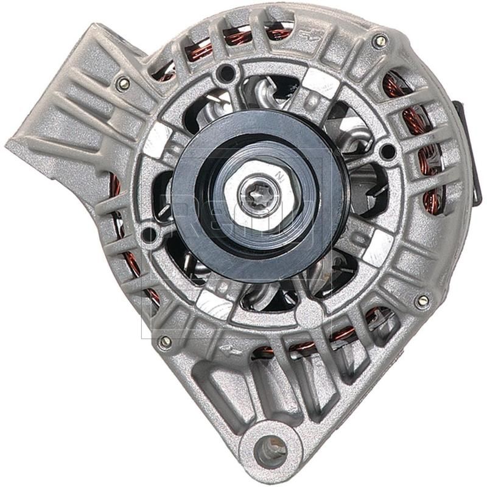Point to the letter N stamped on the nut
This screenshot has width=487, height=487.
point(280,177)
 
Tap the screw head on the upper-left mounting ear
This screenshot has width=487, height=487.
point(124,83)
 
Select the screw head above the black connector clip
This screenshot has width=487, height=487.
point(380,41)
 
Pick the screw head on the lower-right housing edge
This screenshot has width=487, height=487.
point(421,301)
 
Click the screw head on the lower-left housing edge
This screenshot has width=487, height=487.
point(164,342)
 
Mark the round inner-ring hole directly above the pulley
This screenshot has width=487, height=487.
point(227,72)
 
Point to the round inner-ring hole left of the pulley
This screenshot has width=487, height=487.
point(148,232)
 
